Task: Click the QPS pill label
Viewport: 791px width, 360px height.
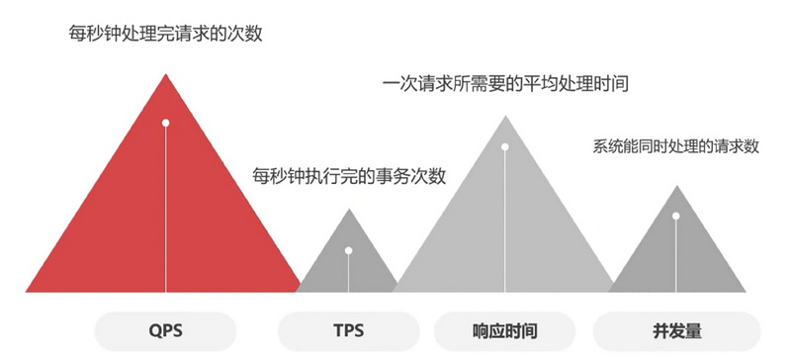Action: [167, 329]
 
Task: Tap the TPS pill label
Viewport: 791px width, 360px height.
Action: [347, 329]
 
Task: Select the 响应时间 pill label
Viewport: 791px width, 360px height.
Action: [505, 329]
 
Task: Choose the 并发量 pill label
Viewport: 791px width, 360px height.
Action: [676, 329]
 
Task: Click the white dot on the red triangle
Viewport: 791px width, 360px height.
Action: [166, 123]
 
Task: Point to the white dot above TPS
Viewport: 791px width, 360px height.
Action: [348, 249]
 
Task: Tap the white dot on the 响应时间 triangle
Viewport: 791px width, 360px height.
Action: [504, 147]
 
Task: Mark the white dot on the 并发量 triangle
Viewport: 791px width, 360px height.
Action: [676, 216]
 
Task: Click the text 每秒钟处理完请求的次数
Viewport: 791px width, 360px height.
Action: [167, 35]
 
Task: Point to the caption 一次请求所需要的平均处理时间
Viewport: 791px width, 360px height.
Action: [505, 85]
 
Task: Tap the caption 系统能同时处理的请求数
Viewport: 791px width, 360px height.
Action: [676, 146]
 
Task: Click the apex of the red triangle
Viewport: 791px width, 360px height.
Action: [166, 75]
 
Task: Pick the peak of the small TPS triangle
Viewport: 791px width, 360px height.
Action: [348, 210]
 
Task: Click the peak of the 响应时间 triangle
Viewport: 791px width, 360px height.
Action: [504, 116]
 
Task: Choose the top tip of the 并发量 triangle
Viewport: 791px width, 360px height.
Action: [676, 186]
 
